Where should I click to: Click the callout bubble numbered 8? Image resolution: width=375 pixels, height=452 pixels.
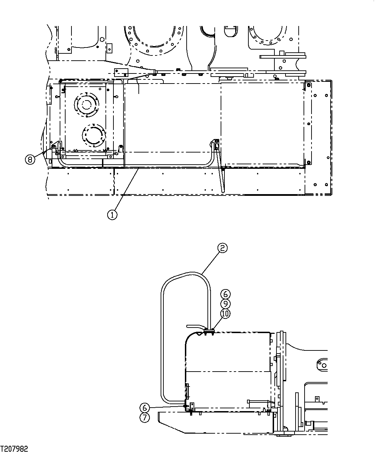30,159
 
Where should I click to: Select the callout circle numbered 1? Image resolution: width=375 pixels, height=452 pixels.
112,215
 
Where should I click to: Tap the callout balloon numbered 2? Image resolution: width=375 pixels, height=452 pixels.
222,248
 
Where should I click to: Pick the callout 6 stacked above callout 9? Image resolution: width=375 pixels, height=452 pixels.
225,294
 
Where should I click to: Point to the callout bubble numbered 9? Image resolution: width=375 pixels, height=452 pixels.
225,304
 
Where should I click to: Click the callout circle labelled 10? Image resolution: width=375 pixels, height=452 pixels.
225,313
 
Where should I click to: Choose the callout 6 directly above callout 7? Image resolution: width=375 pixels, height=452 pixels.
145,407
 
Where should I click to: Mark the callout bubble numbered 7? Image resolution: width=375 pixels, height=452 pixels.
145,417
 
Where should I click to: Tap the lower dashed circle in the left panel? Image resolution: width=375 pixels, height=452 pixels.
93,134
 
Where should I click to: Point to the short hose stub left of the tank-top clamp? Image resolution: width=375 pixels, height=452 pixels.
194,326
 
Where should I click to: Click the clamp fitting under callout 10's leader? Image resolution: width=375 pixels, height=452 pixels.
209,332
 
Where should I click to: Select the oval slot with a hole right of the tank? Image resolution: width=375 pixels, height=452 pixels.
322,364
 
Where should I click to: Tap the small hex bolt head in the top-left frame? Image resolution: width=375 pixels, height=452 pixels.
101,39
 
